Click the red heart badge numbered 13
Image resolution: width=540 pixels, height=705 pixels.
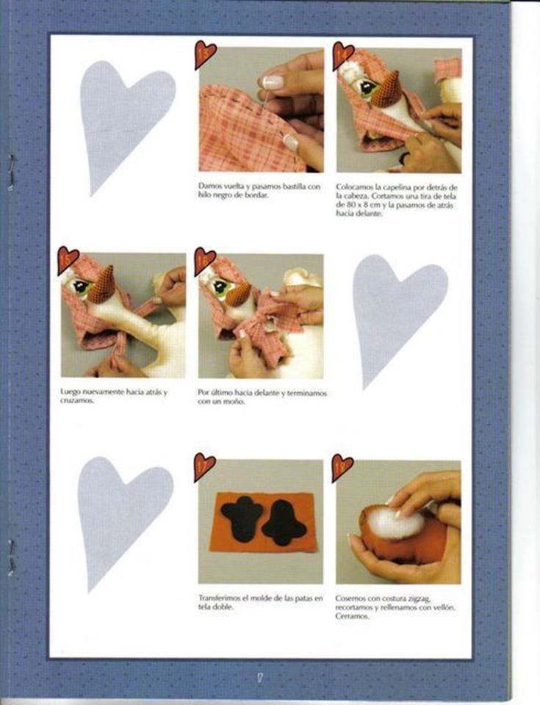[205, 54]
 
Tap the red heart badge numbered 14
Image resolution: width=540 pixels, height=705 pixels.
[342, 55]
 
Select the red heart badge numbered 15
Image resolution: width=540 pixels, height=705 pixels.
[68, 259]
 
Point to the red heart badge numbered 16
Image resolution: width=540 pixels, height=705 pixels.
[204, 260]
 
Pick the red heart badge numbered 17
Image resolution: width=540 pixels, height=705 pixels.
[204, 467]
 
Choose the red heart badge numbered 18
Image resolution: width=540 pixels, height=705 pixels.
[342, 468]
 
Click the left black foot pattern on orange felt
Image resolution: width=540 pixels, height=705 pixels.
[242, 518]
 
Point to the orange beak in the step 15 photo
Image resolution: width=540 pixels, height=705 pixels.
[102, 285]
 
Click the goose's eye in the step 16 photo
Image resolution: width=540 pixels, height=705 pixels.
[221, 287]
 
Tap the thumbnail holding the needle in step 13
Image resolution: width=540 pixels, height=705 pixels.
[273, 82]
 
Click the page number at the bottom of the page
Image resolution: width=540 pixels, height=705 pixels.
[260, 678]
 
